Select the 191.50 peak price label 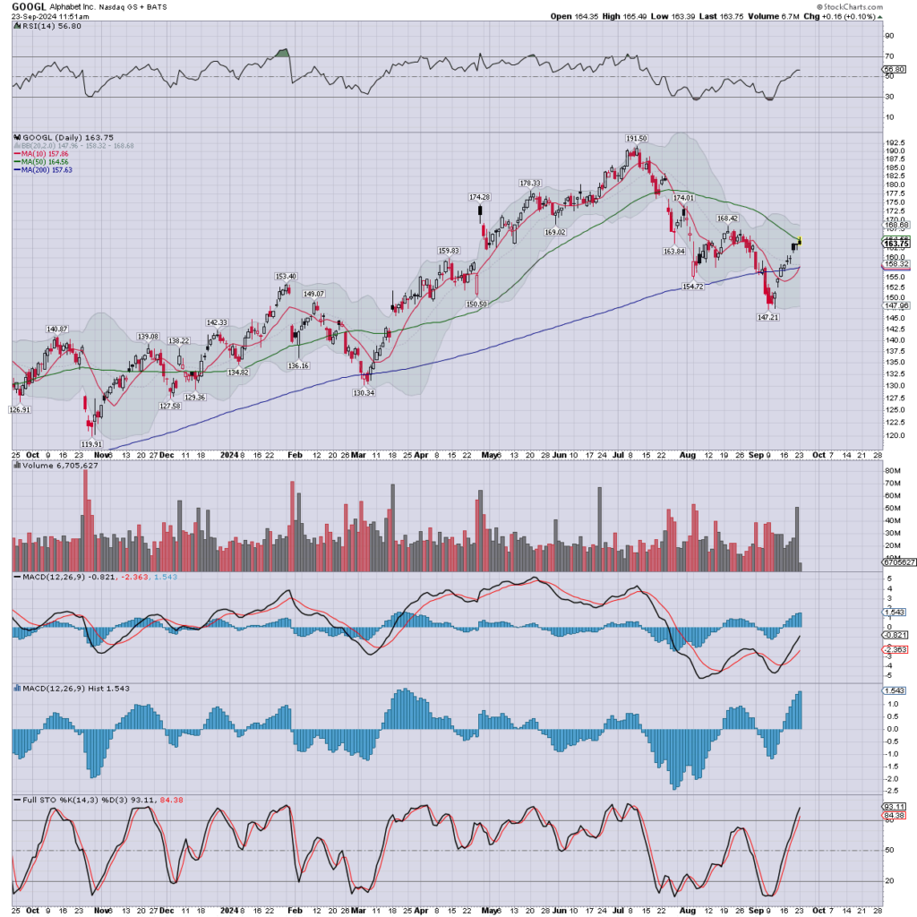637,138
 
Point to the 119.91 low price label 92,443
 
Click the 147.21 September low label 769,317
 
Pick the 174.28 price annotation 480,197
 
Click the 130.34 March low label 364,391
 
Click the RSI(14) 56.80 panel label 46,27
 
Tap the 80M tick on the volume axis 893,470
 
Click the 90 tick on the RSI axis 889,36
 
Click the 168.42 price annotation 726,218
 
